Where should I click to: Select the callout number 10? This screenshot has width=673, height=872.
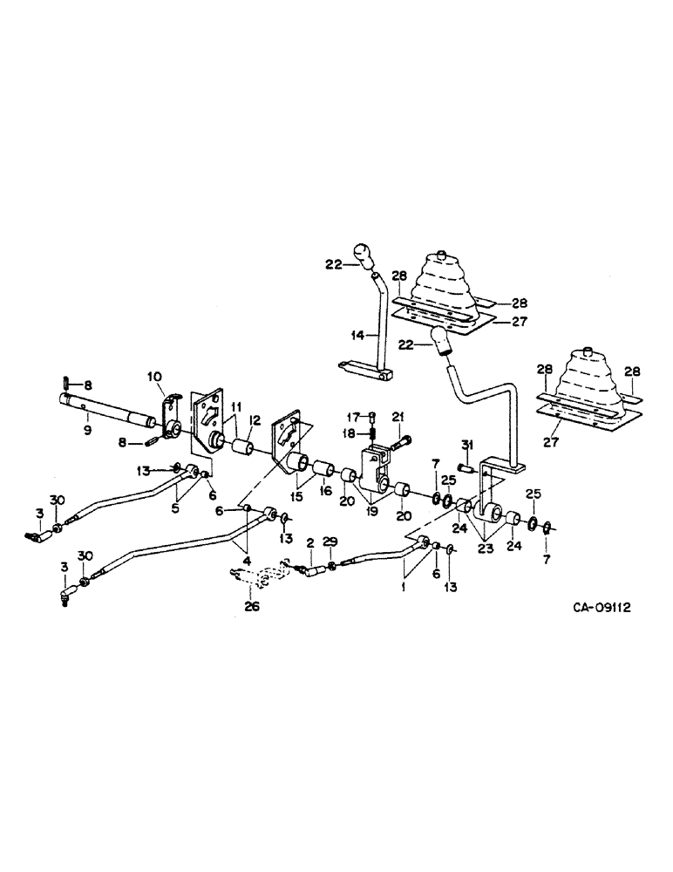pos(154,376)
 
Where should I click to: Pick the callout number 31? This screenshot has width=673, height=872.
pos(466,445)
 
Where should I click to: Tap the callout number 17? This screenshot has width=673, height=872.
pos(357,415)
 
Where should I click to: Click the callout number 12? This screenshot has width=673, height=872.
pos(254,420)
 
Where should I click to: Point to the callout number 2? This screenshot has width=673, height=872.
pos(309,542)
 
